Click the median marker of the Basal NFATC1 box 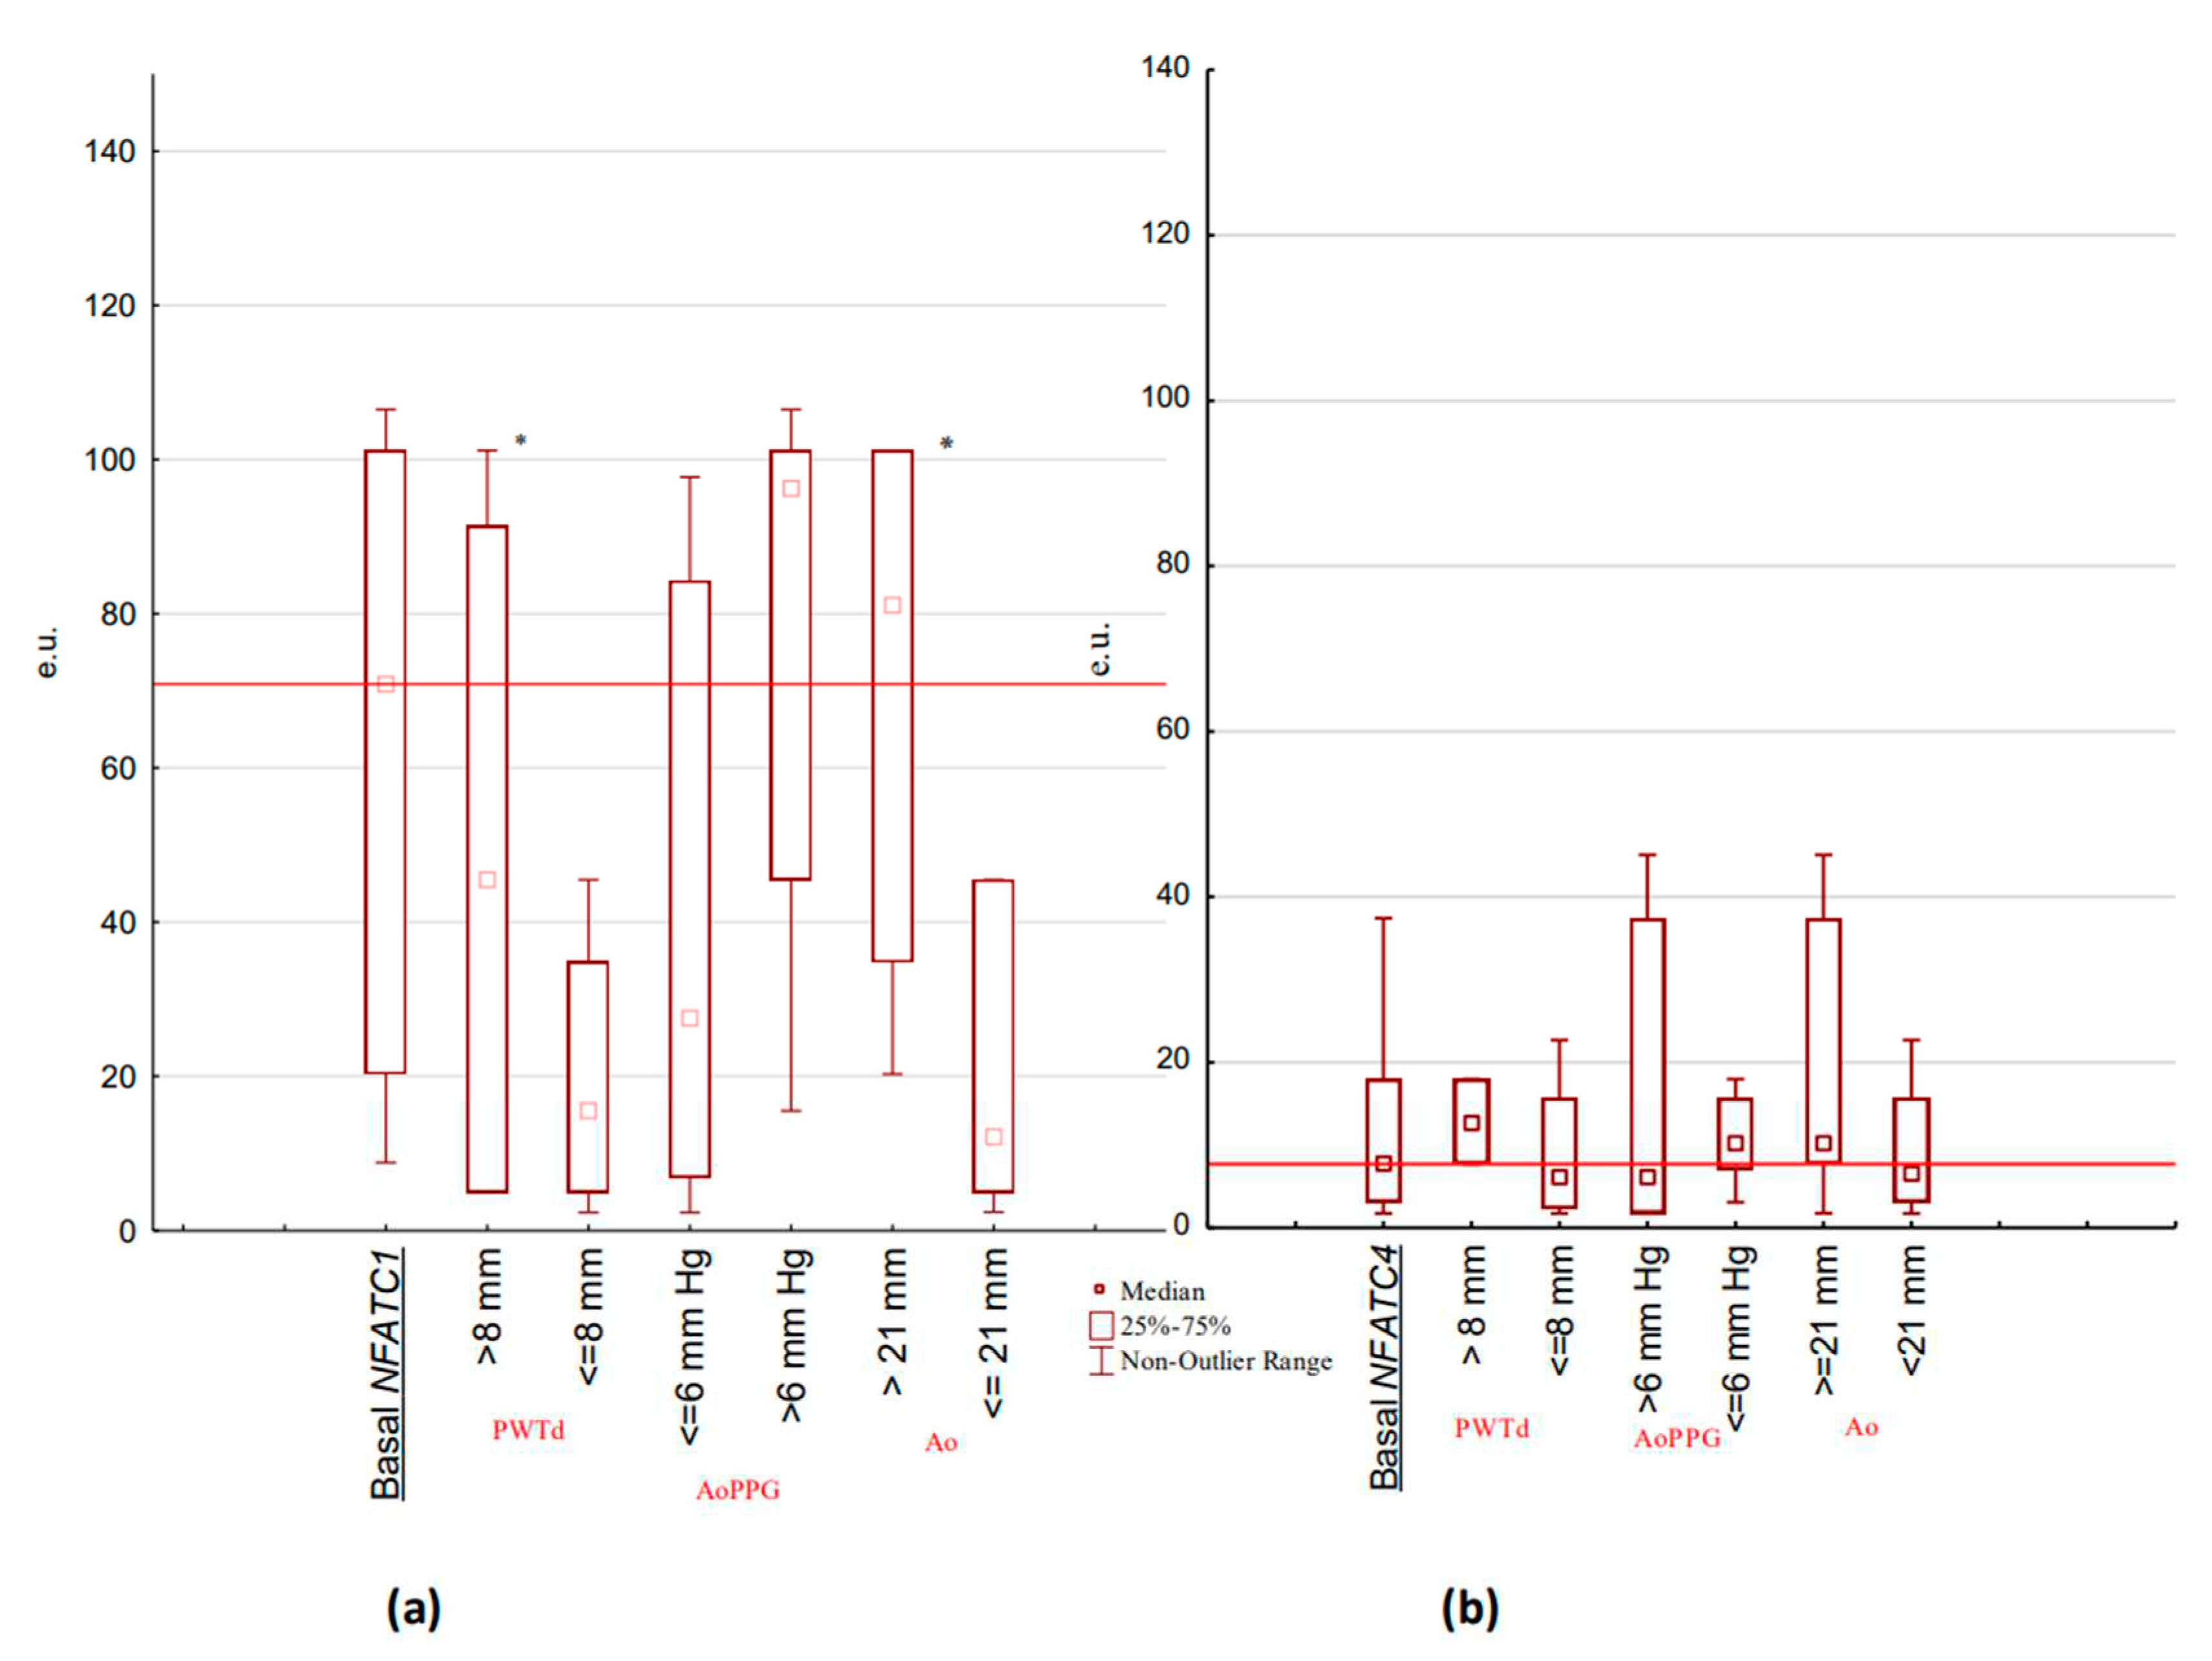pyautogui.click(x=385, y=684)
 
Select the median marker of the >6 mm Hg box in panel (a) pyautogui.click(x=791, y=488)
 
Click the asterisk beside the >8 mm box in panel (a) pyautogui.click(x=520, y=441)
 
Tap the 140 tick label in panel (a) pyautogui.click(x=110, y=152)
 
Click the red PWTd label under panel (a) pyautogui.click(x=528, y=1430)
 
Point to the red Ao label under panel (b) pyautogui.click(x=1861, y=1427)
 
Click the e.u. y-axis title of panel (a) pyautogui.click(x=47, y=652)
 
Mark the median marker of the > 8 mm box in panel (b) pyautogui.click(x=1471, y=1123)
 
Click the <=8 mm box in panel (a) pyautogui.click(x=588, y=1076)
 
